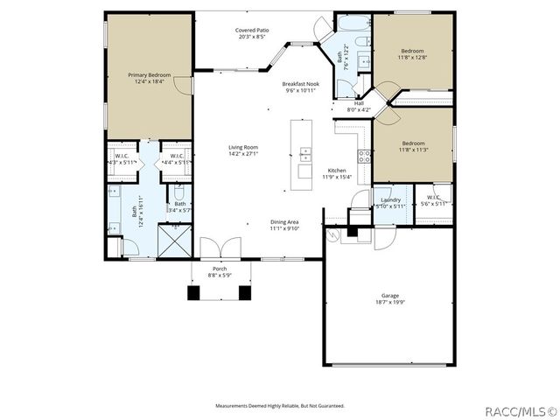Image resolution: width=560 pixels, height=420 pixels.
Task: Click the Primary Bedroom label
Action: pos(148,75)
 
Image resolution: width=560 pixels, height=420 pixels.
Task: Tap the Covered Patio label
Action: pos(251,30)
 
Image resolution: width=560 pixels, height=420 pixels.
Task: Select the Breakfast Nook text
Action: pos(300,84)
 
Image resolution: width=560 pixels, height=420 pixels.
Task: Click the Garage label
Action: pos(389,296)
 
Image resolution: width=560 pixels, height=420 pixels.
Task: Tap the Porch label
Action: pos(220,269)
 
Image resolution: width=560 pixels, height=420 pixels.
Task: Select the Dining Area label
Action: pos(284,222)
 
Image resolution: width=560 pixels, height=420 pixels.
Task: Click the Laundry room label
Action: pos(390,199)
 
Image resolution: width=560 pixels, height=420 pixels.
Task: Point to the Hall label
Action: pos(359,103)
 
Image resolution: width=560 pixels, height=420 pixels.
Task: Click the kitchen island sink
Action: pos(304,155)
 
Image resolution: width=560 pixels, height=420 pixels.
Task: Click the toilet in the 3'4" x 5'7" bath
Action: pos(179,185)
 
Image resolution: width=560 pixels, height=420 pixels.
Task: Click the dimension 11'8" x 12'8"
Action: pos(413,57)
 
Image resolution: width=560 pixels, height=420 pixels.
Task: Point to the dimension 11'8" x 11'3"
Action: pos(413,150)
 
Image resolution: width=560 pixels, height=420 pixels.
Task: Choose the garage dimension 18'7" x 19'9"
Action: pos(389,303)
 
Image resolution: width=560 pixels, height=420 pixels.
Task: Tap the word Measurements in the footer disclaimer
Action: pos(237,406)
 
